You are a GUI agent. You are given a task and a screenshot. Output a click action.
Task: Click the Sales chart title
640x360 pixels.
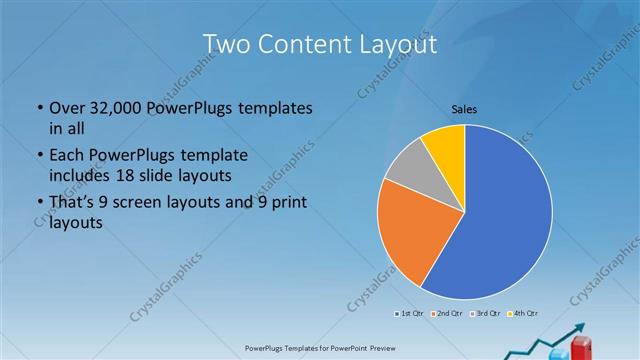pyautogui.click(x=464, y=108)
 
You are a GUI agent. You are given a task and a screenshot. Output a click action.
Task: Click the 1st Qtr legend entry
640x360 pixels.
pyautogui.click(x=410, y=315)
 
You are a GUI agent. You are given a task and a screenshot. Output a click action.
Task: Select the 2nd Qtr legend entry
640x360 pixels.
pyautogui.click(x=446, y=315)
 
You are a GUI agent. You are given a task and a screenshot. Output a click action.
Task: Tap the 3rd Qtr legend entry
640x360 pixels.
pyautogui.click(x=486, y=315)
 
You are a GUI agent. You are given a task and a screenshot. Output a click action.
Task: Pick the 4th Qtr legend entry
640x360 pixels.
pyautogui.click(x=525, y=315)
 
